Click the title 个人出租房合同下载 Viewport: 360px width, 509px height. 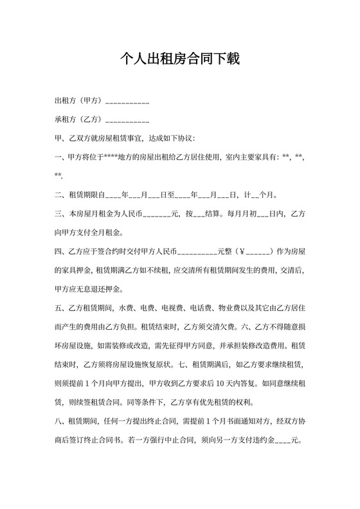pyautogui.click(x=180, y=60)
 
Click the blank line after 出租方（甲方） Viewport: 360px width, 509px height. pyautogui.click(x=127, y=102)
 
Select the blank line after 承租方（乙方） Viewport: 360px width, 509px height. pyautogui.click(x=127, y=120)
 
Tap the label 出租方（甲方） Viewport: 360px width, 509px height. pyautogui.click(x=79, y=101)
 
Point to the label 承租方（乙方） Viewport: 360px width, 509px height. pyautogui.click(x=79, y=120)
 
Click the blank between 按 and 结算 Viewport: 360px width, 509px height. pyautogui.click(x=198, y=214)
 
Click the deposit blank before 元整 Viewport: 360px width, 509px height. pyautogui.click(x=197, y=251)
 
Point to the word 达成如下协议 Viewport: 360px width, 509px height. pyautogui.click(x=166, y=138)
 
